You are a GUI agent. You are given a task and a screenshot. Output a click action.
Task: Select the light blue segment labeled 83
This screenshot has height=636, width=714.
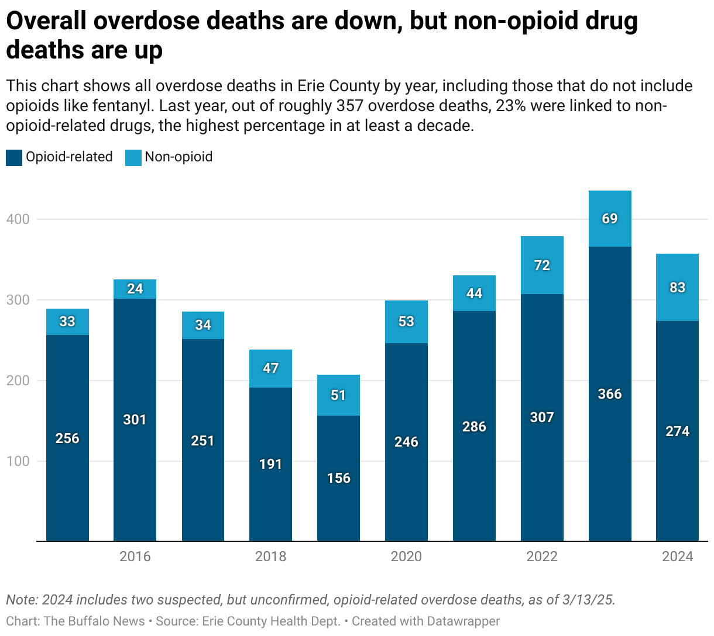point(677,288)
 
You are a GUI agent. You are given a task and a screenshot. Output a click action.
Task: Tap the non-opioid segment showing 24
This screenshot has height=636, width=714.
point(135,289)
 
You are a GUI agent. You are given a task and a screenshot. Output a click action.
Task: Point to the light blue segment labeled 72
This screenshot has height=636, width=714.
point(542,265)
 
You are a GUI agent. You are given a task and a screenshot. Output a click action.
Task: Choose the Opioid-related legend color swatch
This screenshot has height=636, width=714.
point(14,157)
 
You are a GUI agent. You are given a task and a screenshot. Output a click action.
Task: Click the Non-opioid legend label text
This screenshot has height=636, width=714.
point(179,157)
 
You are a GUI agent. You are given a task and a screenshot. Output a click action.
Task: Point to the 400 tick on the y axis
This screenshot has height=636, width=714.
point(18,219)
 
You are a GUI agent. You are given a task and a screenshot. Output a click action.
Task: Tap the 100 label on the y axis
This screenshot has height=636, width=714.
point(18,461)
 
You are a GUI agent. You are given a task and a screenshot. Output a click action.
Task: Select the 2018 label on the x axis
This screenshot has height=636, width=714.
point(270,556)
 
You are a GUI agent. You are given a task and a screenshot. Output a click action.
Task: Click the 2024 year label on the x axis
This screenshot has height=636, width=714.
point(677,556)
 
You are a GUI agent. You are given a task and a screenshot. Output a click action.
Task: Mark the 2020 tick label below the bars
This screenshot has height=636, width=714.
point(406,556)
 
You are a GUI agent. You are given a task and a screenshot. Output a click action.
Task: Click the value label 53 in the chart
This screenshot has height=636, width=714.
point(406,322)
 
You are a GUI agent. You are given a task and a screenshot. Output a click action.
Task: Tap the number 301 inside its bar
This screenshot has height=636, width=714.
point(135,420)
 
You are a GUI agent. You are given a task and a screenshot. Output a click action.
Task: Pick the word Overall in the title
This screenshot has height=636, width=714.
point(45,22)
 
